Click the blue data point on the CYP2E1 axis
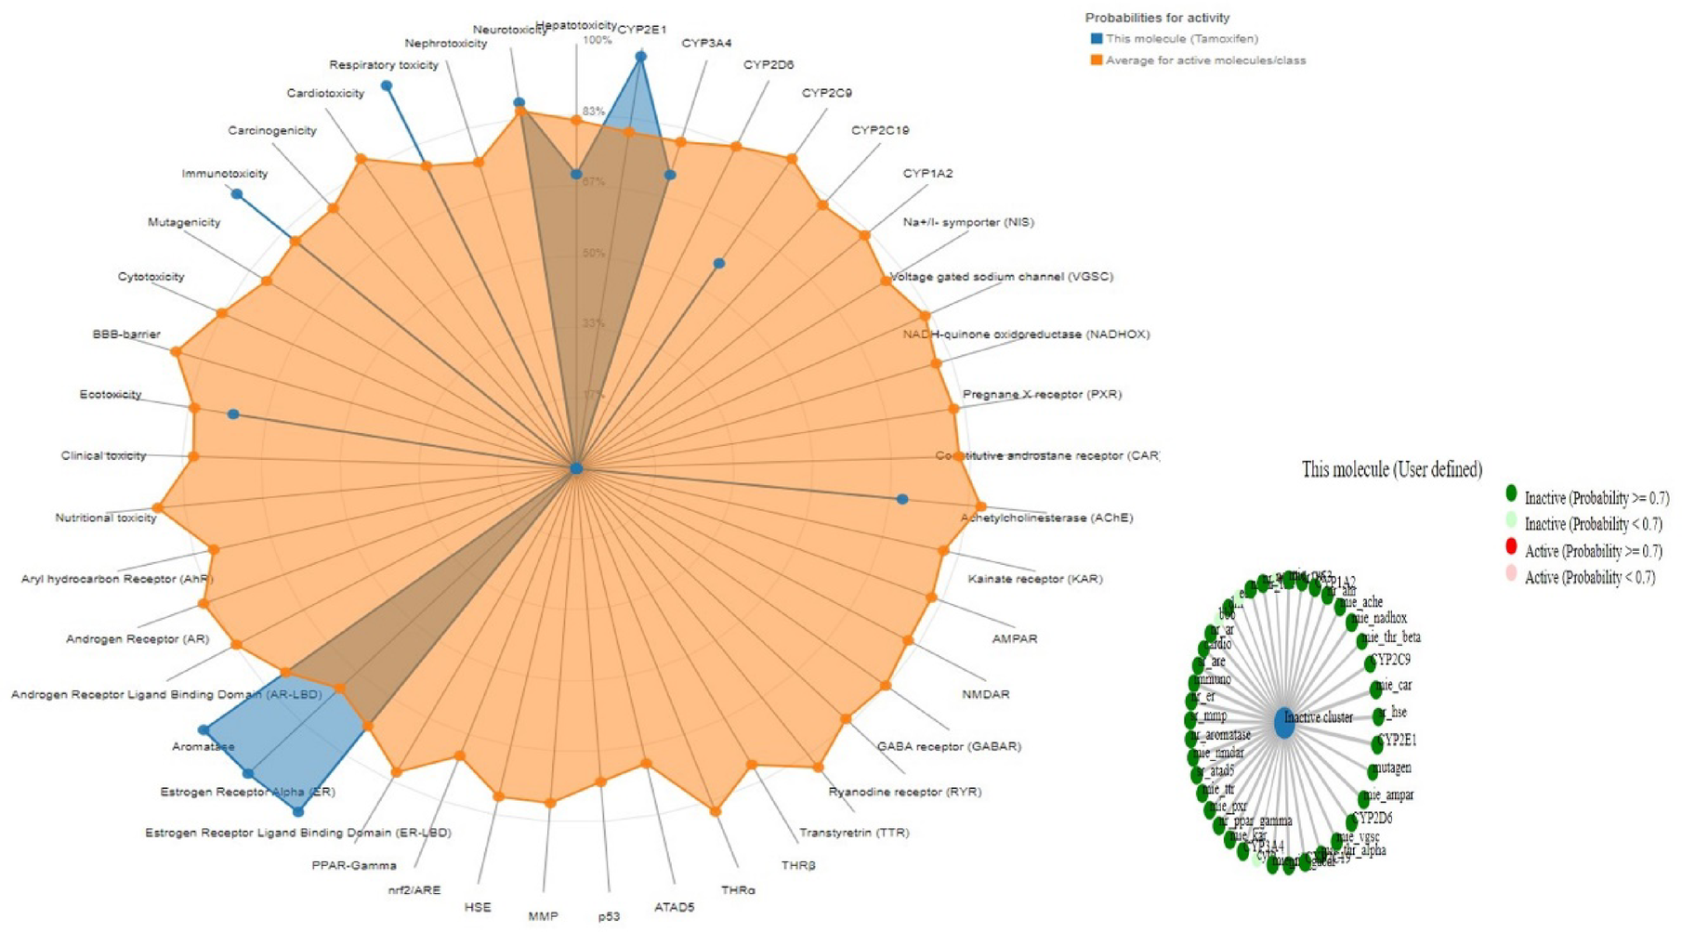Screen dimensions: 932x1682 coord(640,57)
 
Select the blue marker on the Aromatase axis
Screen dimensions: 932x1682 coord(204,730)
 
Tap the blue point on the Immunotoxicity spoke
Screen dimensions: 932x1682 coord(237,194)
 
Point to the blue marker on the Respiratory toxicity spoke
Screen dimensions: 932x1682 coord(387,85)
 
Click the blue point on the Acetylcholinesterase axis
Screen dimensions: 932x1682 coord(902,499)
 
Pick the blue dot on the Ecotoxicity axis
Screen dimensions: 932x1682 coord(233,414)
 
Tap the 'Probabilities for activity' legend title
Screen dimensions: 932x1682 coord(1157,18)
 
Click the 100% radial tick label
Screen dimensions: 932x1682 coord(597,41)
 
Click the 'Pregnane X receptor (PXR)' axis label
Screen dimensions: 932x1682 coord(1042,394)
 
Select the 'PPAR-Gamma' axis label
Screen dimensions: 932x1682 coord(354,865)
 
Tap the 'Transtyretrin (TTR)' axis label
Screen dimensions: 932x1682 coord(854,833)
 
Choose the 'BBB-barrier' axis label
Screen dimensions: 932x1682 coord(126,334)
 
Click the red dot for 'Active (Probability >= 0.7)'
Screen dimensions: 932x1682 coord(1511,546)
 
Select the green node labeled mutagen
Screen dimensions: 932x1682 coord(1373,771)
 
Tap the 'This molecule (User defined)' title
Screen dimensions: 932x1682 coord(1391,469)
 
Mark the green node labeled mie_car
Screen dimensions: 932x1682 coord(1376,690)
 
